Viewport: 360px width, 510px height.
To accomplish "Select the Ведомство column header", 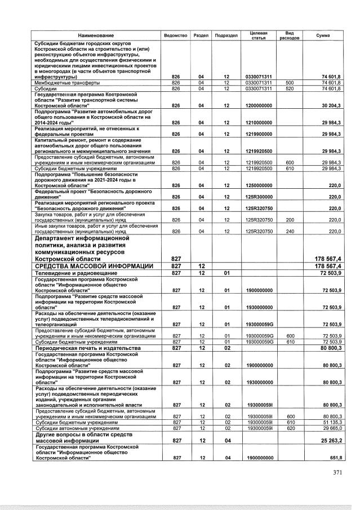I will point(175,36).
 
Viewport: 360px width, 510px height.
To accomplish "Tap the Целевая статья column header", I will point(259,35).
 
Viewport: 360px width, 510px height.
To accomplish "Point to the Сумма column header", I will point(323,36).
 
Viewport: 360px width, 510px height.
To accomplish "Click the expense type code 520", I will point(290,88).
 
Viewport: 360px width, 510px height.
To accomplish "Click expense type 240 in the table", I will point(290,231).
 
